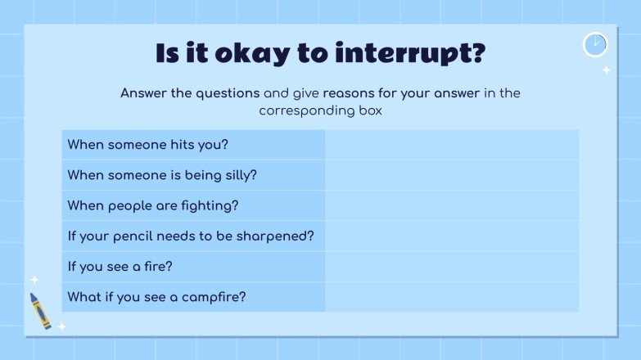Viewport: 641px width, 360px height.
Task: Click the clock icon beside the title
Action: tap(595, 44)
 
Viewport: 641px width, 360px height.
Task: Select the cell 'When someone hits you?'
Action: tap(193, 145)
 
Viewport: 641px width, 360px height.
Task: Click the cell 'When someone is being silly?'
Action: tap(193, 175)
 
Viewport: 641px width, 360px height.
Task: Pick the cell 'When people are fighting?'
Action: tap(193, 205)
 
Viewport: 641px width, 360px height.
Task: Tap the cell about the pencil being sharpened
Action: tap(193, 236)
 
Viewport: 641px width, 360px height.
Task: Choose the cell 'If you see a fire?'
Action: tap(193, 266)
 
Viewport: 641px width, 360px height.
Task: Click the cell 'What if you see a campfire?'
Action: tap(193, 296)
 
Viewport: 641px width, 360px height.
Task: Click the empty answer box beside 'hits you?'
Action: tap(452, 145)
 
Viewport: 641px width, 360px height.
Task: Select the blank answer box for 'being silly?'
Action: tap(452, 175)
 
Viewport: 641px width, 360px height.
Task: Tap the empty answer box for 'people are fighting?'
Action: tap(452, 205)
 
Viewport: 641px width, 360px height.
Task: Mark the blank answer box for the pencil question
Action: tap(452, 236)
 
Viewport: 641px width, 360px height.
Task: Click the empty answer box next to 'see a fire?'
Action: tap(452, 266)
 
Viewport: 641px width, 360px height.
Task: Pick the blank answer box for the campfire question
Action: tap(452, 296)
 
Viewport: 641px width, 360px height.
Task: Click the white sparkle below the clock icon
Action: tap(606, 70)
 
